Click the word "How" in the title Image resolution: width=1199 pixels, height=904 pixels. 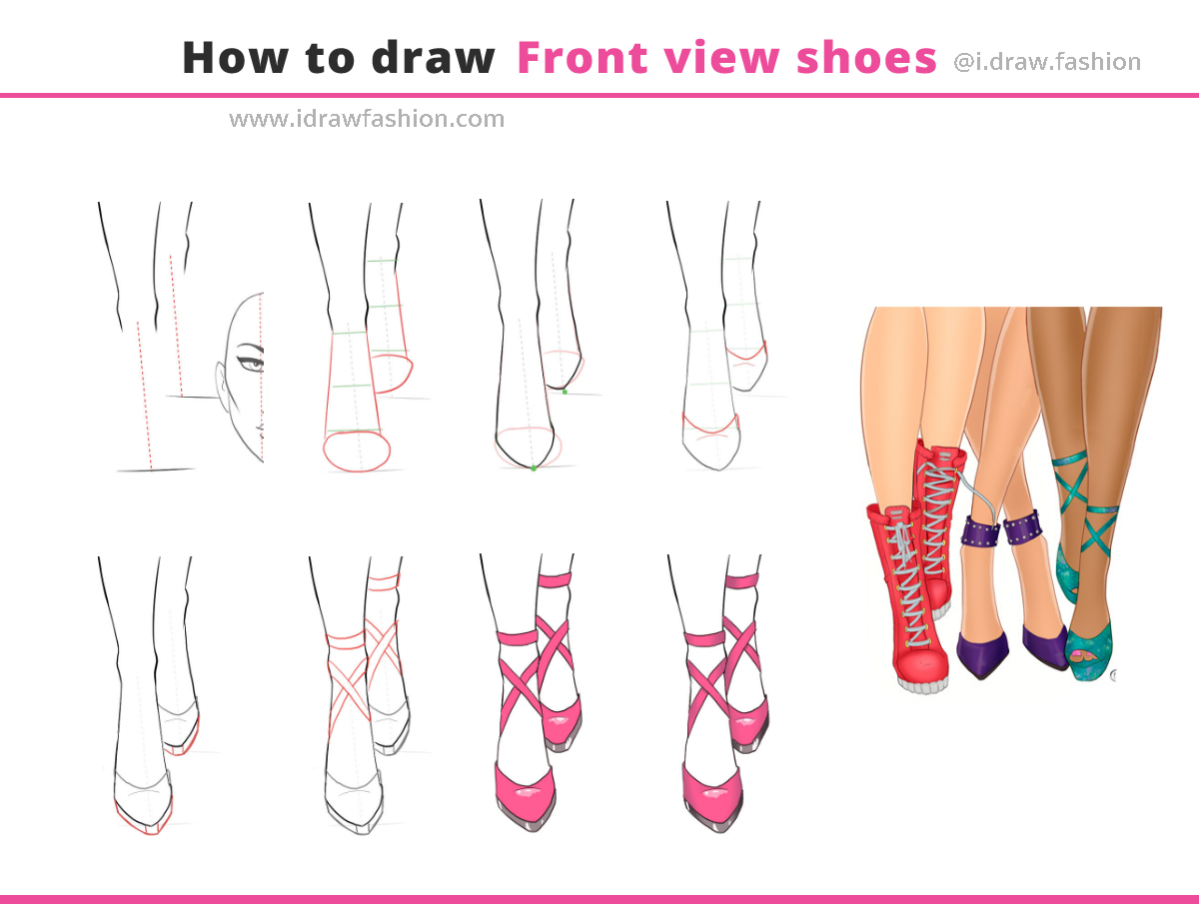(x=236, y=57)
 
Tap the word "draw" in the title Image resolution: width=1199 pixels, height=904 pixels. (x=433, y=57)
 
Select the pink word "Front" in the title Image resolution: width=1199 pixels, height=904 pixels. (x=583, y=57)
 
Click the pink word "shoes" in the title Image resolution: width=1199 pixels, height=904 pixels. (x=866, y=57)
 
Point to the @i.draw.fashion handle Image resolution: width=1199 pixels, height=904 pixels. (x=1047, y=62)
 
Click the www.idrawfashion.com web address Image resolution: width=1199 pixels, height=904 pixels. (x=367, y=119)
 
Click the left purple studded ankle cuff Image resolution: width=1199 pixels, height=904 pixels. (x=981, y=530)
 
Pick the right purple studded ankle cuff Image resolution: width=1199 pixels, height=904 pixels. (x=1021, y=526)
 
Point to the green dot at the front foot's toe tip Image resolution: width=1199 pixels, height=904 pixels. (x=534, y=468)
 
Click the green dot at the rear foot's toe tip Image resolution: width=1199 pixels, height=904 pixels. (x=565, y=392)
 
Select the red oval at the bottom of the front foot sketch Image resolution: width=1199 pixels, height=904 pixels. (x=357, y=451)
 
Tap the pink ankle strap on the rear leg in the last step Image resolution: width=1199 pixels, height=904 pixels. (x=742, y=580)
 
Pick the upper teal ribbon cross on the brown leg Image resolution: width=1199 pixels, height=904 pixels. (x=1073, y=483)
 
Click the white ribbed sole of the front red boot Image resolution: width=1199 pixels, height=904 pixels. (x=923, y=685)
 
